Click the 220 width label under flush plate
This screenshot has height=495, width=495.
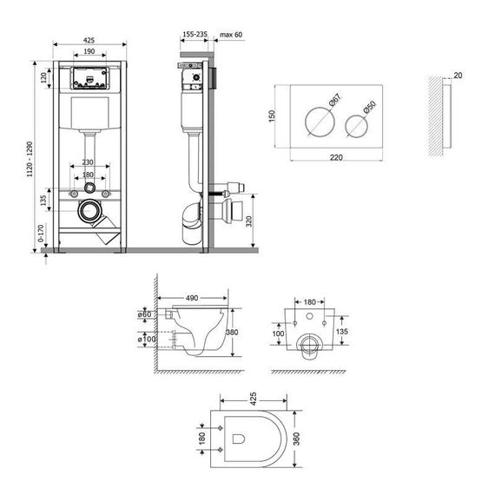click(338, 159)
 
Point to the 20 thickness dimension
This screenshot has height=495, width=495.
click(459, 75)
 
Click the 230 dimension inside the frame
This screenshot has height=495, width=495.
click(88, 162)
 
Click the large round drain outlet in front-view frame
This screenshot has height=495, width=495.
click(89, 211)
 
